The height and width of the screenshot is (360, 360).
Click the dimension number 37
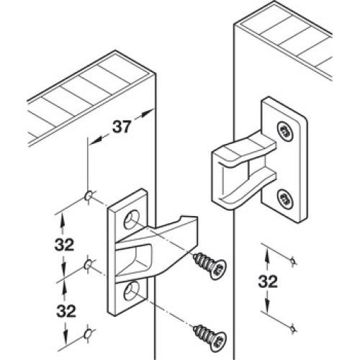tap(122, 127)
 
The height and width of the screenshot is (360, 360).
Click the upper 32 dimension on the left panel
tap(64, 245)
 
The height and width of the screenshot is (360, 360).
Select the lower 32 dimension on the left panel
tap(66, 311)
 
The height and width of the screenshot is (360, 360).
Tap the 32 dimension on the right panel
tap(268, 282)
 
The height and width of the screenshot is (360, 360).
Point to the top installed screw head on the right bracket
tap(285, 131)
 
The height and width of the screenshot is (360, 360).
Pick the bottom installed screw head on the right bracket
tap(285, 199)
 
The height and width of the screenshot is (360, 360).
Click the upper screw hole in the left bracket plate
tap(132, 220)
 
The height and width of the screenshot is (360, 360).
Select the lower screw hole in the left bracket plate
tap(132, 291)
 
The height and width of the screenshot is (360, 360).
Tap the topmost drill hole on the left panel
tap(89, 196)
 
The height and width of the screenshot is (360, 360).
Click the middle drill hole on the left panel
tap(88, 265)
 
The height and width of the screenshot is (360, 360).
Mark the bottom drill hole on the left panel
tap(87, 334)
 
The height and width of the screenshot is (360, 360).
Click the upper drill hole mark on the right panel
tap(292, 261)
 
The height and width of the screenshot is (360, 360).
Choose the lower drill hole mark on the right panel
tap(293, 328)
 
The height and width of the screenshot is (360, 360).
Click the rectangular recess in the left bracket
tap(135, 261)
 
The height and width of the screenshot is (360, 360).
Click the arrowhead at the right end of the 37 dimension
tap(149, 113)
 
